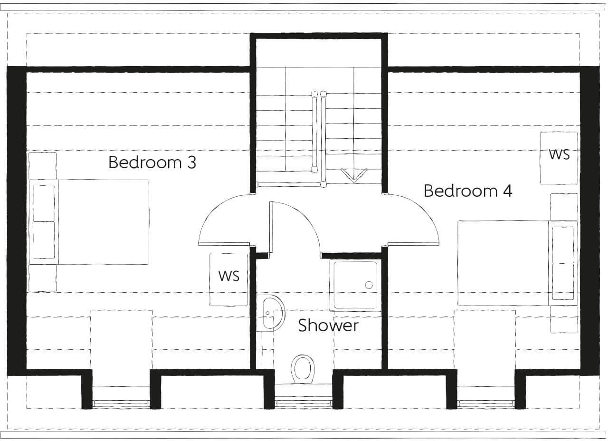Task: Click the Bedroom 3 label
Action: pyautogui.click(x=152, y=163)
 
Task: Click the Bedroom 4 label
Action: pyautogui.click(x=467, y=191)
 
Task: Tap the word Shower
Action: pyautogui.click(x=328, y=326)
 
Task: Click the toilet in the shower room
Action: pyautogui.click(x=303, y=368)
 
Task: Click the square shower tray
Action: pyautogui.click(x=355, y=285)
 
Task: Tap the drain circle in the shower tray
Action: pyautogui.click(x=369, y=285)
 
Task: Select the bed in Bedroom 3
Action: pyautogui.click(x=90, y=222)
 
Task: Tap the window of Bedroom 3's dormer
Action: pyautogui.click(x=121, y=404)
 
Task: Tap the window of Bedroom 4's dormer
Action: pyautogui.click(x=485, y=404)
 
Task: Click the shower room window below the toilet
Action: pyautogui.click(x=303, y=404)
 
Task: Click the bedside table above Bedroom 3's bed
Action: pyautogui.click(x=43, y=165)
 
